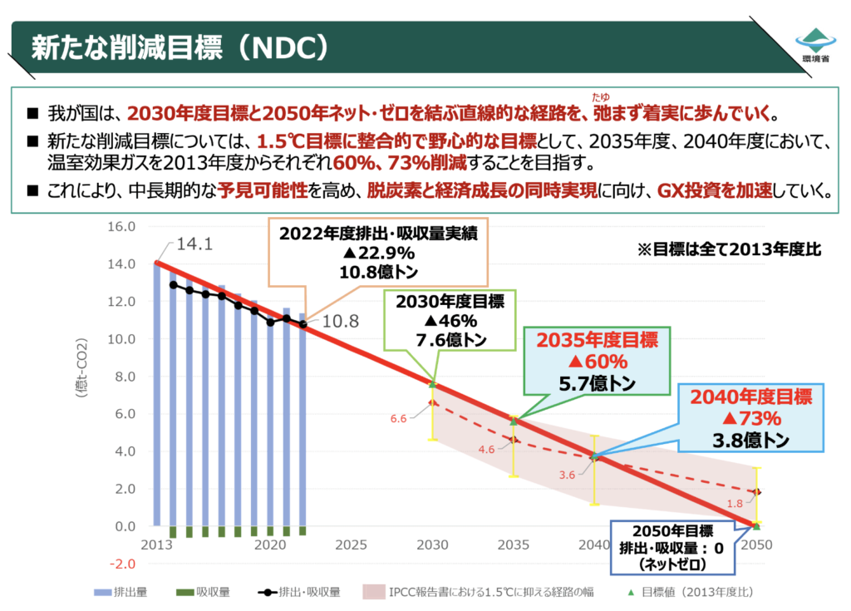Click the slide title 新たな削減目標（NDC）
coord(178,47)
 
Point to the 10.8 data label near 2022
coord(340,322)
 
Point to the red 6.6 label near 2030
coord(398,418)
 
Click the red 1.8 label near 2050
coord(734,504)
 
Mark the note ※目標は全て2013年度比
coord(729,249)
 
